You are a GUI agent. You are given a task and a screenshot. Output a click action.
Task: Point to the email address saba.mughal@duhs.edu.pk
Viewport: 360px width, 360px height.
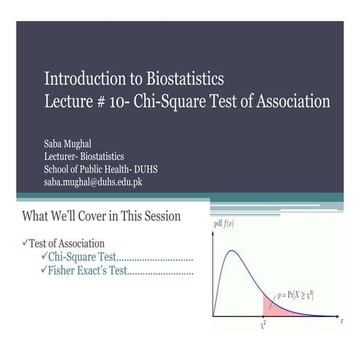pos(93,181)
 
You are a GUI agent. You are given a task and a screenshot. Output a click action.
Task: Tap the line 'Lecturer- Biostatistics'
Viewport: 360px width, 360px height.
pos(84,156)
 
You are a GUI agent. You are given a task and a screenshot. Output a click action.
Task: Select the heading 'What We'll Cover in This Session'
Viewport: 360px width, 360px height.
pos(102,216)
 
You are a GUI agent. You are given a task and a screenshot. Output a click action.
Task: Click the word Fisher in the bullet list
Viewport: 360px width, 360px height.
pos(65,271)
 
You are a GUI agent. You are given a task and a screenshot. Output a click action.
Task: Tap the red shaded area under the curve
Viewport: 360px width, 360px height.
pos(272,306)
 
